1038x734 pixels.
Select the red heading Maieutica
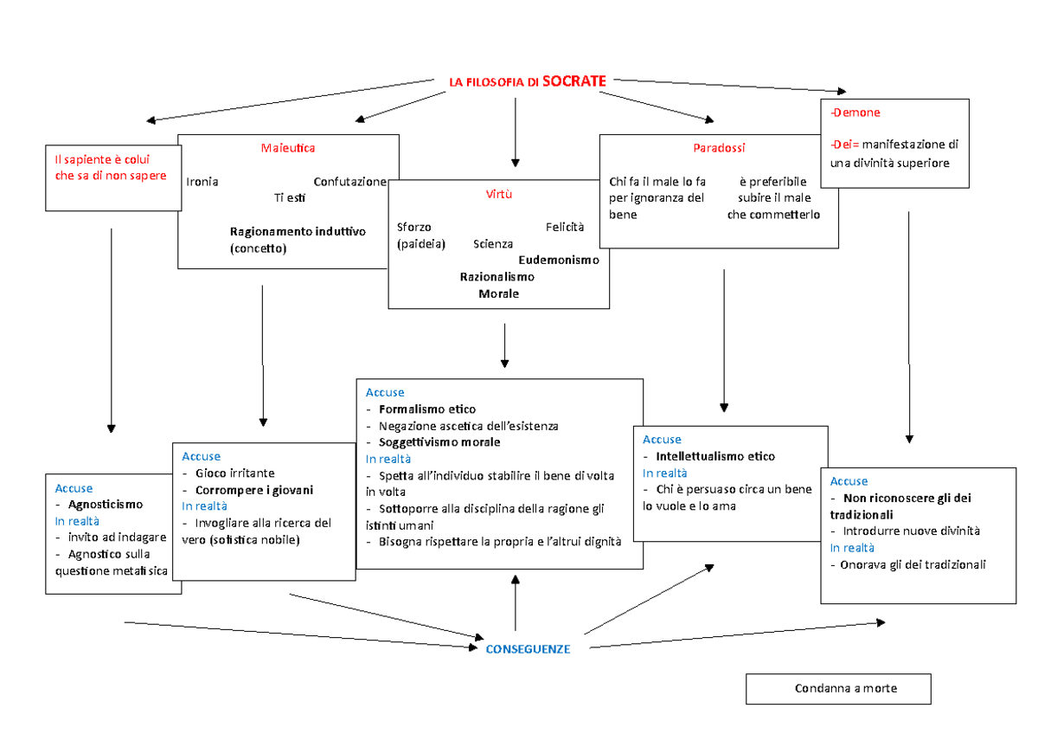pyautogui.click(x=288, y=148)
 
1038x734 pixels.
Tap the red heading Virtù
pyautogui.click(x=499, y=194)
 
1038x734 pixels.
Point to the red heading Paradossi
pyautogui.click(x=719, y=148)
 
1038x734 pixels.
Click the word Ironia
pyautogui.click(x=202, y=182)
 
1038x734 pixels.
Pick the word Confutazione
pyautogui.click(x=349, y=182)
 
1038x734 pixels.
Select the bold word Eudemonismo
pyautogui.click(x=559, y=260)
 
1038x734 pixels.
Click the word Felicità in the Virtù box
pyautogui.click(x=565, y=227)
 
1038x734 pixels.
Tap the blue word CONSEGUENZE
pyautogui.click(x=528, y=649)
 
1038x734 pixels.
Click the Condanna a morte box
pyautogui.click(x=838, y=689)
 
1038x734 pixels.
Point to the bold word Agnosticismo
pyautogui.click(x=106, y=505)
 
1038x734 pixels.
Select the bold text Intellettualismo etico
pyautogui.click(x=715, y=456)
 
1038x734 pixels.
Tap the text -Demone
pyautogui.click(x=855, y=113)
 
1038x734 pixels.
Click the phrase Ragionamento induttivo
pyautogui.click(x=298, y=232)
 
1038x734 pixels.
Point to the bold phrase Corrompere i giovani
pyautogui.click(x=254, y=490)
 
